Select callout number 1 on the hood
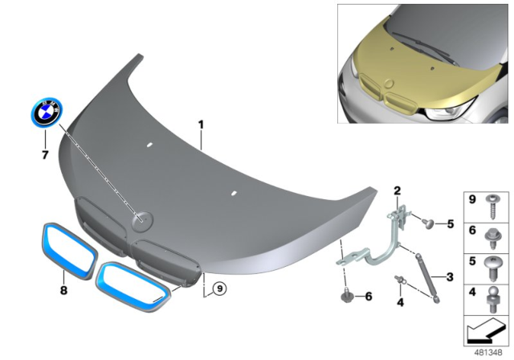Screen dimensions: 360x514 202,125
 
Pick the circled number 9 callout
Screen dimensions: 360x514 218,284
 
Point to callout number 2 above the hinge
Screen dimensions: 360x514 396,190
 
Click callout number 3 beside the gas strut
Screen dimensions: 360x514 449,276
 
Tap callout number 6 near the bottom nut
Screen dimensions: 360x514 368,296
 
